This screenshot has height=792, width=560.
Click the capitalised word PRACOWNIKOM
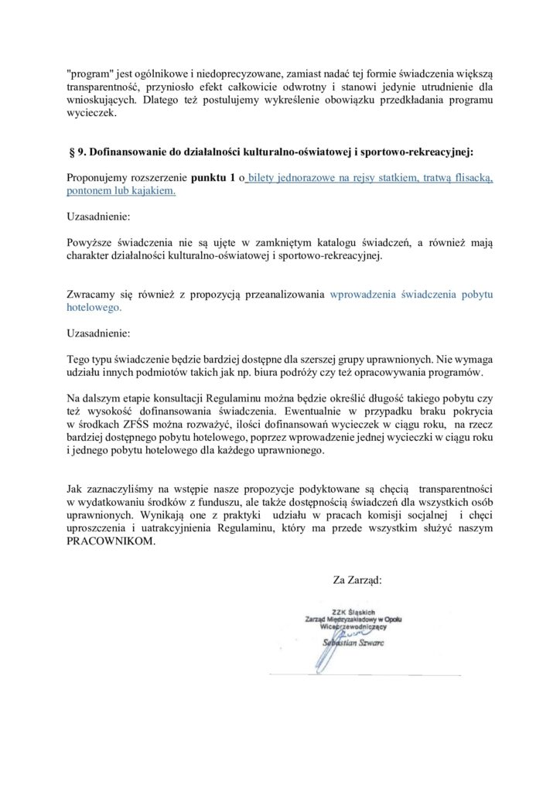point(111,541)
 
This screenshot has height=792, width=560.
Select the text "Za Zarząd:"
point(357,578)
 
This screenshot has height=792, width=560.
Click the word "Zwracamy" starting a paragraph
point(90,294)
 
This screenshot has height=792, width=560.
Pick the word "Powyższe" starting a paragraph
point(89,241)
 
